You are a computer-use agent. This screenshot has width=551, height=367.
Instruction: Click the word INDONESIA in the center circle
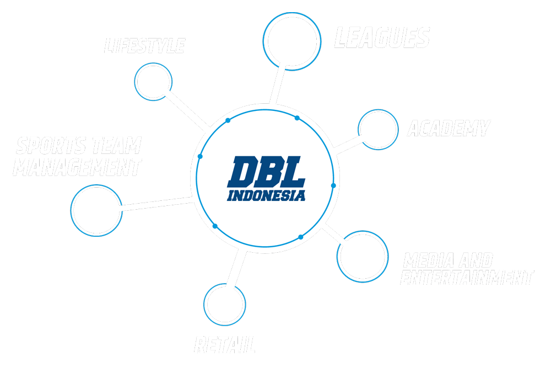(266, 195)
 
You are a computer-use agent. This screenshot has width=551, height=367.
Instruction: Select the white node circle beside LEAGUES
(292, 41)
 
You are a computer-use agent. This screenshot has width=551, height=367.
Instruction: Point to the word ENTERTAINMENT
(467, 278)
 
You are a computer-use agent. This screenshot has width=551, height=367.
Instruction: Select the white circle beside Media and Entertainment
(362, 256)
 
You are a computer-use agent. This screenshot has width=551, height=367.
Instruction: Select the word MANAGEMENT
(77, 167)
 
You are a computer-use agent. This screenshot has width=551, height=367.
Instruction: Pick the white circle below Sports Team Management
(95, 209)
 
